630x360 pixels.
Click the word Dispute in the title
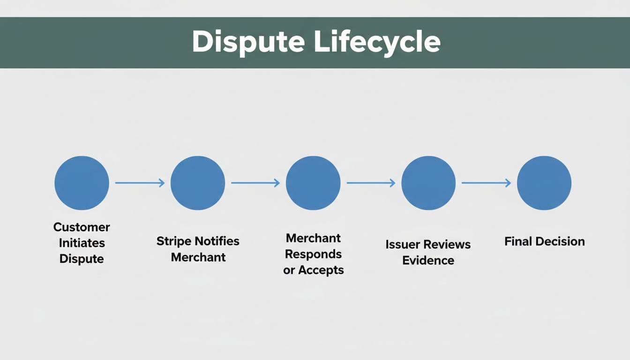248,42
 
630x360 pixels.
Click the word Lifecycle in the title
377,42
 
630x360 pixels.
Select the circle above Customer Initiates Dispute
82,183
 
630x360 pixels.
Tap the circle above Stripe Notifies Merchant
198,183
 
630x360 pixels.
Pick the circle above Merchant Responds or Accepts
313,183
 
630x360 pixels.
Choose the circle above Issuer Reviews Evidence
428,183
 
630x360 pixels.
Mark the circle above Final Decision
544,183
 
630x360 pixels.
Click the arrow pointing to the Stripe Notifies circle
140,183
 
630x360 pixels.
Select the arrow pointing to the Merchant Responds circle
255,183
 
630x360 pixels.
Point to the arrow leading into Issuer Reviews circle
371,183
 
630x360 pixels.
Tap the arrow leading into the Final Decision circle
486,183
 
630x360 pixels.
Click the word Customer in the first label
82,227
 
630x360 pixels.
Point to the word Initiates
82,243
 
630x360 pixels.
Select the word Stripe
173,241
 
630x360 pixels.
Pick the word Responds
313,254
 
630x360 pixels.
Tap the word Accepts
321,270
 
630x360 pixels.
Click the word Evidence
428,261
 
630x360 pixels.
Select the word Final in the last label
518,241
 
